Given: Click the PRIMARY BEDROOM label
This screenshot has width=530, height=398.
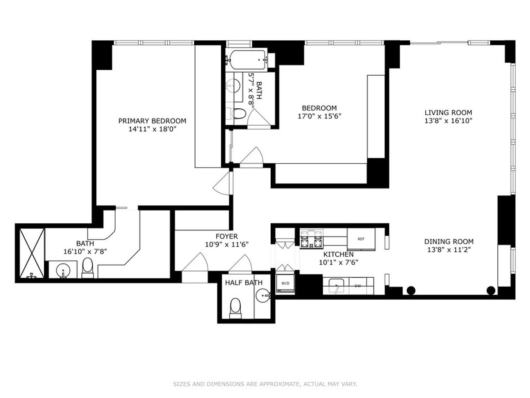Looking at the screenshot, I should (x=152, y=121).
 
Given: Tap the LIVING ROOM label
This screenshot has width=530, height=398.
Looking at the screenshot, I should (x=448, y=112).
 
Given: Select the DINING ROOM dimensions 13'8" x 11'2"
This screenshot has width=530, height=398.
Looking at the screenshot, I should (x=449, y=250).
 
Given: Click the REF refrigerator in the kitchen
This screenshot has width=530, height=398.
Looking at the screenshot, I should (x=361, y=239).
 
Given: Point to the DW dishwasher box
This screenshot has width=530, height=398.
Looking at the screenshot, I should (x=357, y=286).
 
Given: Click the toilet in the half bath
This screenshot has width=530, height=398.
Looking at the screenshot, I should (x=235, y=307).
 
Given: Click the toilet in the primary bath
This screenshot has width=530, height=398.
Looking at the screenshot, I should (x=87, y=268).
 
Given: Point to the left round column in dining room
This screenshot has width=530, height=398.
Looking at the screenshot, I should (x=411, y=291).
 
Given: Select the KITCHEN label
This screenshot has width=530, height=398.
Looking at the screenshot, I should (x=338, y=254).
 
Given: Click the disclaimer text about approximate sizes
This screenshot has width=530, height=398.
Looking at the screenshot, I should (x=265, y=384).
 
